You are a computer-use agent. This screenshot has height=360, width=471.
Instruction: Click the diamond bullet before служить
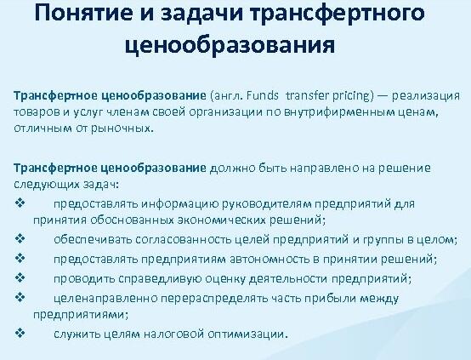[19, 333]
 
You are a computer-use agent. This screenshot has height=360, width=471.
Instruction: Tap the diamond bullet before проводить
[19, 277]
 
